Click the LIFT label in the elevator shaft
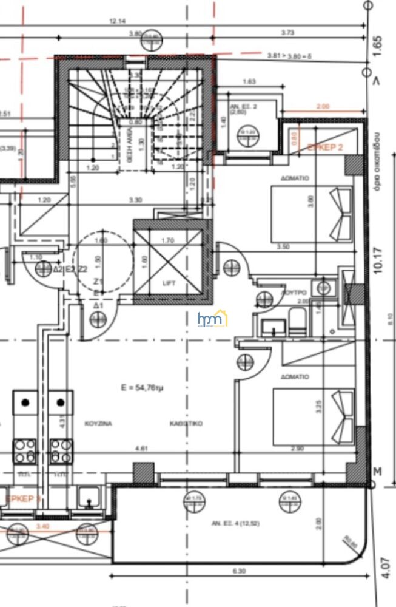point(169,283)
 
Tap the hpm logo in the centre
point(211,319)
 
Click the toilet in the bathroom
point(297,321)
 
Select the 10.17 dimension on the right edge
point(380,260)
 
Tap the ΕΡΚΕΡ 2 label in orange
point(325,148)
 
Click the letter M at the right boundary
point(378,472)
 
